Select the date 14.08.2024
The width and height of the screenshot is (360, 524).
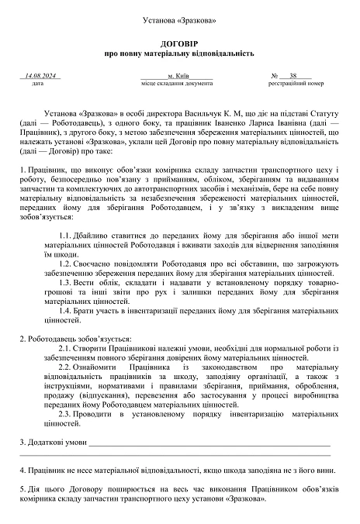coord(42,76)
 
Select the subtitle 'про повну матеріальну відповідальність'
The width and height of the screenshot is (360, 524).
coord(180,55)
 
